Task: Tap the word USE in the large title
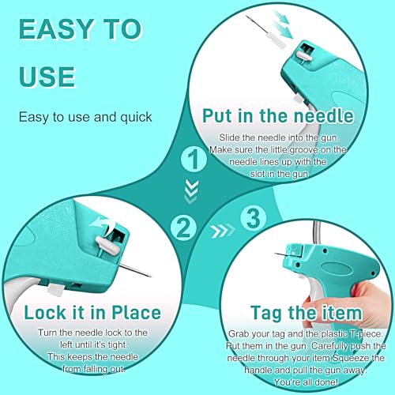(47, 76)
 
